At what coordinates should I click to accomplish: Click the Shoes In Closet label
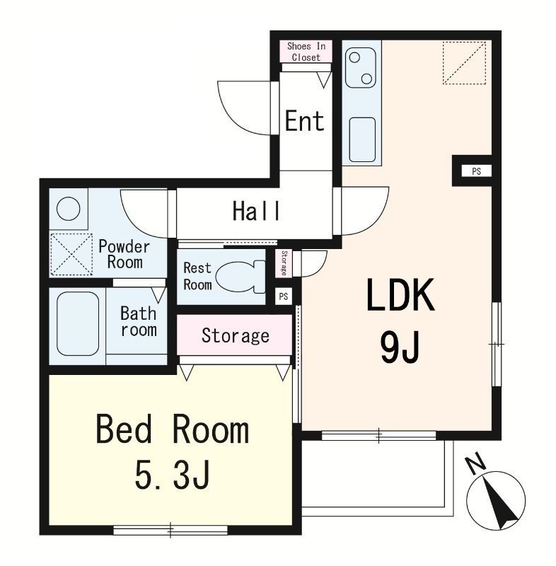click(306, 52)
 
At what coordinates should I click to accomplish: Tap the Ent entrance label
click(304, 121)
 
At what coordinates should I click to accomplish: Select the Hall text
click(256, 211)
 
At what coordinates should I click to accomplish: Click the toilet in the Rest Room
click(241, 277)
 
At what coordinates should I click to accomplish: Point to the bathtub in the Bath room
click(78, 323)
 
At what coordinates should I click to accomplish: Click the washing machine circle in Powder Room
click(69, 209)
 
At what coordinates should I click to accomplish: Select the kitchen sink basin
click(362, 139)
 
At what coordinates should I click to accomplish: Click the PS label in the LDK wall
click(476, 171)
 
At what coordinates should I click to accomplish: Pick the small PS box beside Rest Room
click(283, 296)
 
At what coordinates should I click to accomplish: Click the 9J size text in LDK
click(400, 347)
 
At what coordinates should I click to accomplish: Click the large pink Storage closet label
click(236, 335)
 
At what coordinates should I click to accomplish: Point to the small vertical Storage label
click(284, 263)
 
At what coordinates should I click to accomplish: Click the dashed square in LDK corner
click(464, 63)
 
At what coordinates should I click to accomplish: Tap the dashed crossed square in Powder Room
click(71, 254)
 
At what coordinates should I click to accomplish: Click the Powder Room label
click(124, 255)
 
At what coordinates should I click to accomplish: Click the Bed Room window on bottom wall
click(170, 529)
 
